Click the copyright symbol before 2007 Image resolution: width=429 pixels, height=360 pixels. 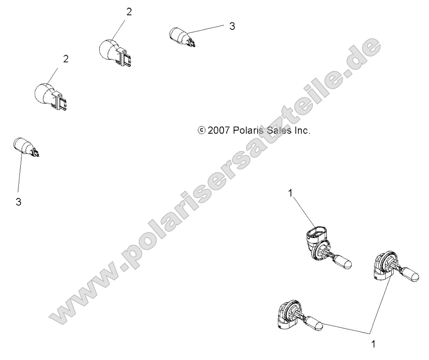pyautogui.click(x=201, y=130)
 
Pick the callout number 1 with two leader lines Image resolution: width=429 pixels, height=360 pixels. pyautogui.click(x=373, y=344)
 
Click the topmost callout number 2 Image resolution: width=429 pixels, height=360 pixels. pyautogui.click(x=129, y=12)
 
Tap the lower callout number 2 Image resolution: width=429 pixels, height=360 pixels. pyautogui.click(x=66, y=59)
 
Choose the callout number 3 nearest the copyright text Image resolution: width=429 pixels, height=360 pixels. pyautogui.click(x=232, y=26)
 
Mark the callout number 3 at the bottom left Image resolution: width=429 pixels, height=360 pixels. pyautogui.click(x=18, y=202)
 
